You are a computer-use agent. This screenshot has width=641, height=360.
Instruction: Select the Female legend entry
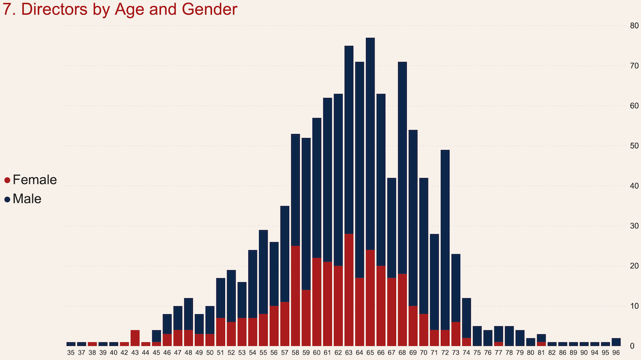34,180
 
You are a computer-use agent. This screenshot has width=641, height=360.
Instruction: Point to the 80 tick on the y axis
634,26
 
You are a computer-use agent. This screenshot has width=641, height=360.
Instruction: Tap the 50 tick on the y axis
634,146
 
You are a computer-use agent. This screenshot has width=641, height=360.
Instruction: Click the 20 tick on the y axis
634,266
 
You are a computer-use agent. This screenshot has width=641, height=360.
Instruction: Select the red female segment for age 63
349,290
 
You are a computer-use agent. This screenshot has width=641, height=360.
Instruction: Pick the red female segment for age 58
295,296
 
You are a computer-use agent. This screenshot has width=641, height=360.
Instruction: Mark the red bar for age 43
135,338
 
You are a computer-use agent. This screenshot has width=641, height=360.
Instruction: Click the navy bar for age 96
616,342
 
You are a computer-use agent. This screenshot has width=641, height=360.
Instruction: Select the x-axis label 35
71,353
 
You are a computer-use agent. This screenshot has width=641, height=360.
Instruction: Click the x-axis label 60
316,353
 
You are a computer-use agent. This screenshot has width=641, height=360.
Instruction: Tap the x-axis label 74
466,353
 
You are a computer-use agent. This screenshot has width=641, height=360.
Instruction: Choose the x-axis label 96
616,353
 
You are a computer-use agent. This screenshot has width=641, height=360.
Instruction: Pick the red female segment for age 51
221,332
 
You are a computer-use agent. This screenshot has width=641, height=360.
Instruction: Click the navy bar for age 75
477,336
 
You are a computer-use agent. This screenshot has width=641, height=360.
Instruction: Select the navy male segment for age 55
263,272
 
